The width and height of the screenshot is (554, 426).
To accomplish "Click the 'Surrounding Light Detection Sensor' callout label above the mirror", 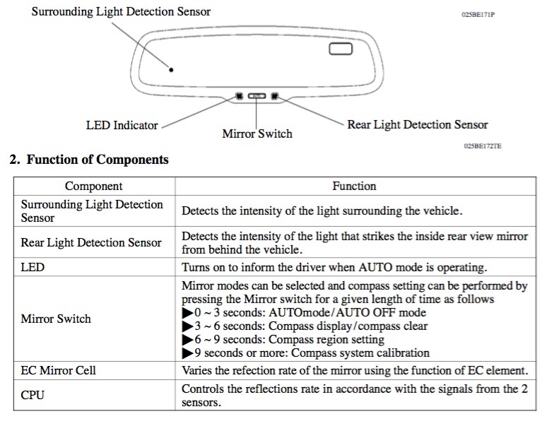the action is [121, 11].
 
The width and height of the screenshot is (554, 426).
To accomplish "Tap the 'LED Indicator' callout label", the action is [122, 126].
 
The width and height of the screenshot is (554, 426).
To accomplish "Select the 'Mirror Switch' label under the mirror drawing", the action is [257, 134].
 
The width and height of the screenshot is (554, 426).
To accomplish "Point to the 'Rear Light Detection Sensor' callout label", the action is [417, 124].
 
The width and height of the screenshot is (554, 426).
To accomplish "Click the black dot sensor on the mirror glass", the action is [171, 69].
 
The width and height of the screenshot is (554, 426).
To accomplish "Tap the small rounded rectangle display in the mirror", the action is [341, 49].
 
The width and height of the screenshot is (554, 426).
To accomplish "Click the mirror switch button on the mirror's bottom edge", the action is [257, 96].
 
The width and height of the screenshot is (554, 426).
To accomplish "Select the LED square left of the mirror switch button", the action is [239, 96].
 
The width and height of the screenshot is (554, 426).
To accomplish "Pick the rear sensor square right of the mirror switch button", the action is [274, 96].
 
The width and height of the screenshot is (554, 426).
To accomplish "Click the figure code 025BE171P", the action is [478, 14].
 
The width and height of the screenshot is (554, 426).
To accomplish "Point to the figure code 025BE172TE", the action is [483, 146].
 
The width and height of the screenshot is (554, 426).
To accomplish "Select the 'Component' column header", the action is [93, 187].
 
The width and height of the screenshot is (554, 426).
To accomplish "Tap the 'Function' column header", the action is [354, 187].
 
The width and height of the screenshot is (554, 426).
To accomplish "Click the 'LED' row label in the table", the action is [33, 267].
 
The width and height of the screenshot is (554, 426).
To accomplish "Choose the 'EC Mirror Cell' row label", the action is [58, 370].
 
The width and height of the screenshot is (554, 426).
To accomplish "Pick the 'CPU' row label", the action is [33, 395].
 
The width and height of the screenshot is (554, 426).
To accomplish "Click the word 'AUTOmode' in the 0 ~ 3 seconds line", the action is [300, 312].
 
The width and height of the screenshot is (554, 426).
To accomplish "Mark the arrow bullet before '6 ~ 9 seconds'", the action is [188, 339].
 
